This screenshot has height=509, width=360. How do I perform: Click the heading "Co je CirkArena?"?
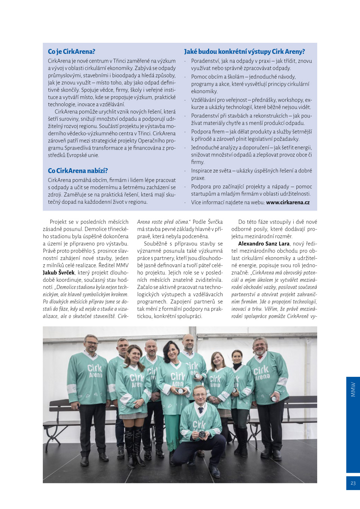point(71,52)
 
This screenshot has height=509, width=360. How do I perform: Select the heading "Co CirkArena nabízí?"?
point(78,171)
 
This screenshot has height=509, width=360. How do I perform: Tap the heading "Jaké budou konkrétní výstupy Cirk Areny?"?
point(244,52)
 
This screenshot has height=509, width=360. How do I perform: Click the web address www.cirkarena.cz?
point(288,203)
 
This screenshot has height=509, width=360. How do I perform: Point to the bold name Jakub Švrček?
point(58,273)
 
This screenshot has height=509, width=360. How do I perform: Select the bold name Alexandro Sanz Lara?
point(264,244)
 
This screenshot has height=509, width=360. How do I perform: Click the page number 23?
point(353,483)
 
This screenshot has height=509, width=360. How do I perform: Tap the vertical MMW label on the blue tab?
point(353,390)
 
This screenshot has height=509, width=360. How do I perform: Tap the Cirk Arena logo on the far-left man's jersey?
point(95,371)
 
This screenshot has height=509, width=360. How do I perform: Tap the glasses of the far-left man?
point(91,344)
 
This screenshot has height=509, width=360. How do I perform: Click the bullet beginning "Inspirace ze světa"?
point(251,174)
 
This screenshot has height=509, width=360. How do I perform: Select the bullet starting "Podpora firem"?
point(251,135)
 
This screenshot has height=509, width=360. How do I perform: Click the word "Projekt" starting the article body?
point(58,222)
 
